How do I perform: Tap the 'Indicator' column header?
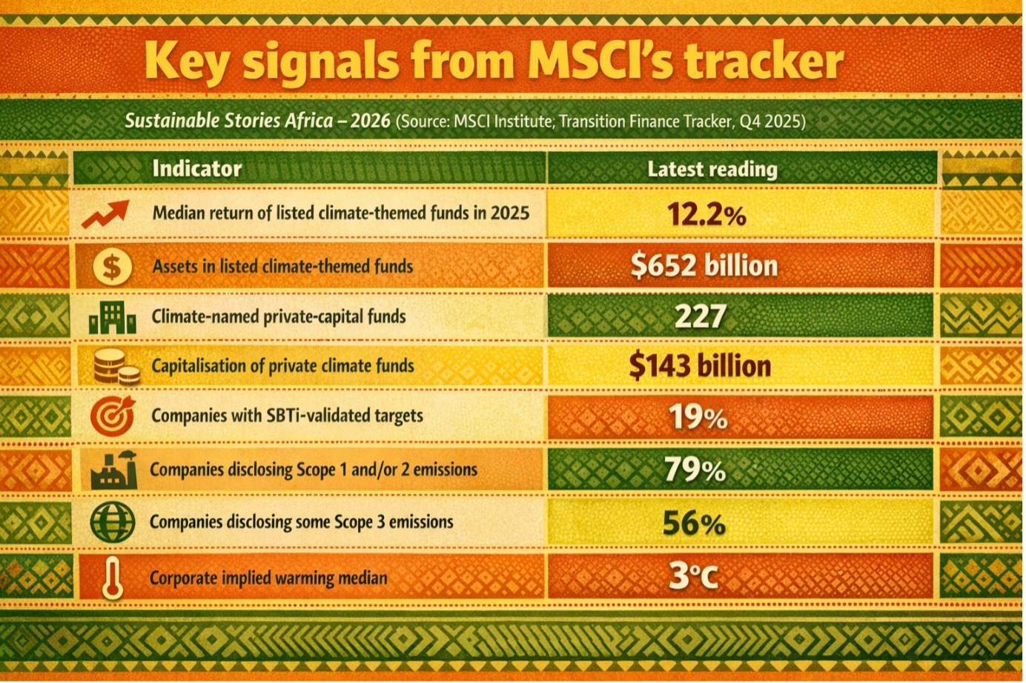[196, 168]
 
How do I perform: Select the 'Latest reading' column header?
[712, 170]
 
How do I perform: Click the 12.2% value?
[706, 215]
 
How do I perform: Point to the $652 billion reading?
[704, 266]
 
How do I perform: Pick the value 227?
[700, 316]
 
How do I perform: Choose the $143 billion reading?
[700, 366]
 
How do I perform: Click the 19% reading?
[698, 418]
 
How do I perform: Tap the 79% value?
[695, 470]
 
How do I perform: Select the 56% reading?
[693, 524]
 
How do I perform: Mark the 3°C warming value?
[693, 576]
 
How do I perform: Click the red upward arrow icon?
[106, 213]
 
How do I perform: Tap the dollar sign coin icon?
[112, 267]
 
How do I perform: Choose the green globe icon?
[113, 522]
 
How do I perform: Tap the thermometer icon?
[113, 577]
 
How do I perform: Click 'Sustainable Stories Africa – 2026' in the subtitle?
[256, 121]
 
